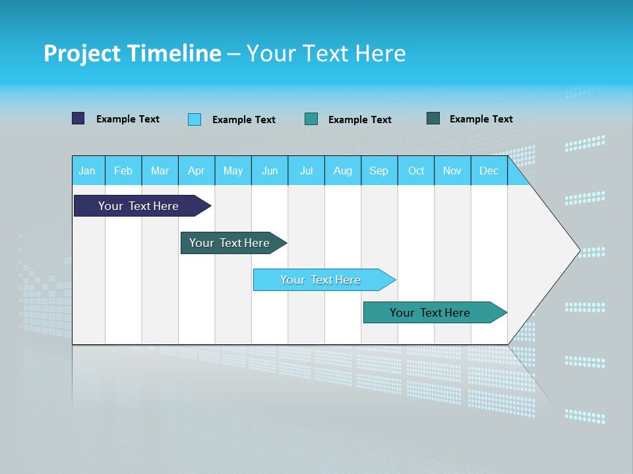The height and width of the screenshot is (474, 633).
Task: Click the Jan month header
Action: click(x=87, y=171)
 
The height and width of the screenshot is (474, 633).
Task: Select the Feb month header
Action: click(x=123, y=171)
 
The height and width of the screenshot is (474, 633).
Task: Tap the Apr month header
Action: click(x=196, y=171)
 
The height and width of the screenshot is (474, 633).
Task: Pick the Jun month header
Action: click(x=270, y=171)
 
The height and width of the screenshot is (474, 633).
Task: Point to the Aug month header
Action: click(x=343, y=171)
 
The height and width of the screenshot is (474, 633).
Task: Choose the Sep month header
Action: click(x=379, y=171)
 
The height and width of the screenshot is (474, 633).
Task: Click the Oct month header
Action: click(x=416, y=171)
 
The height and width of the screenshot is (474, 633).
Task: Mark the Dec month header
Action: click(x=489, y=171)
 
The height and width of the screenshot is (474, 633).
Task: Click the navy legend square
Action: click(x=78, y=118)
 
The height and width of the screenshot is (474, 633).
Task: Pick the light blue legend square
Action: click(x=195, y=119)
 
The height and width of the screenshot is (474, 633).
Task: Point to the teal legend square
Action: click(x=311, y=118)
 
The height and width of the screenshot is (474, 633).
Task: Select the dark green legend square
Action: click(x=433, y=118)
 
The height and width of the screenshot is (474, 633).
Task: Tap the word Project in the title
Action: click(x=81, y=53)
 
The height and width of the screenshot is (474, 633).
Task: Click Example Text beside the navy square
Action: click(x=128, y=119)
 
